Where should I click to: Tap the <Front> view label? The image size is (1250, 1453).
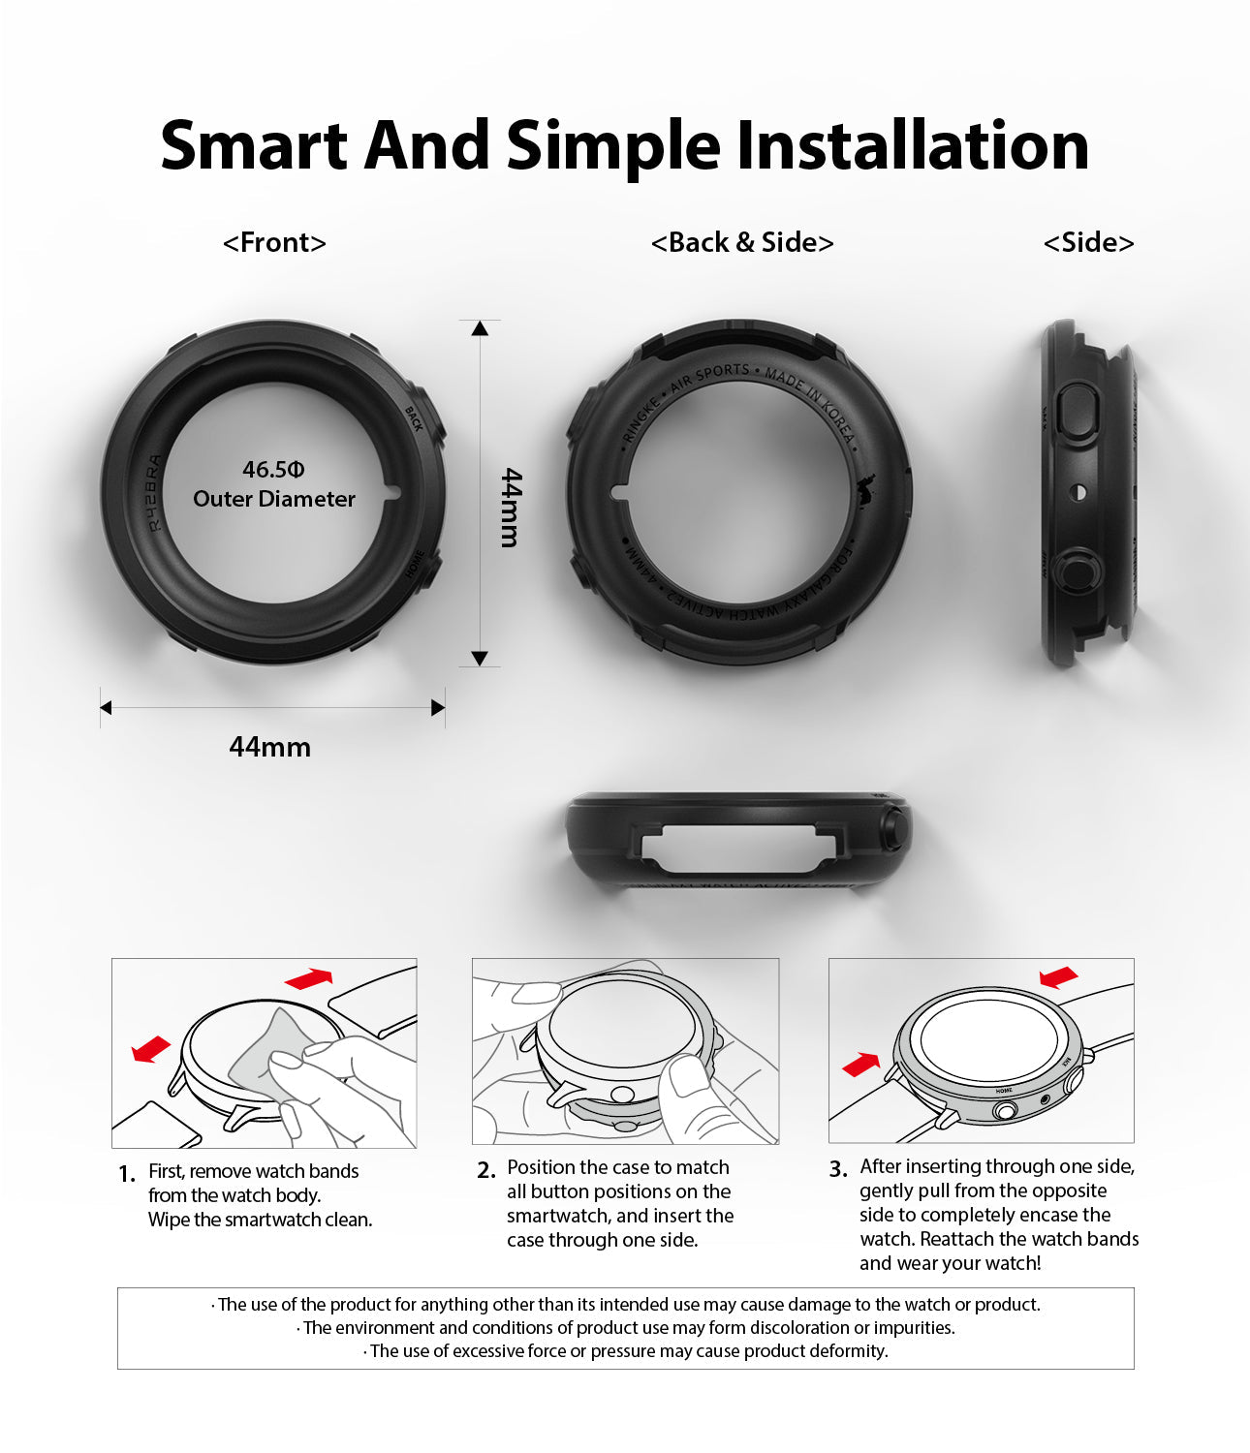pyautogui.click(x=274, y=242)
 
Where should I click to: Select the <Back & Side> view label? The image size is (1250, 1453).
pyautogui.click(x=742, y=242)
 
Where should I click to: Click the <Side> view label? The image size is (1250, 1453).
pyautogui.click(x=1088, y=242)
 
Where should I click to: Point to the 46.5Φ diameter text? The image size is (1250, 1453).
pyautogui.click(x=273, y=470)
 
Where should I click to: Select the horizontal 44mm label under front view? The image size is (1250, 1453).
pyautogui.click(x=269, y=747)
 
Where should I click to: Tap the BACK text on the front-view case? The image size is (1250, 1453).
pyautogui.click(x=414, y=419)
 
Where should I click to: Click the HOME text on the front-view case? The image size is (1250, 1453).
pyautogui.click(x=415, y=565)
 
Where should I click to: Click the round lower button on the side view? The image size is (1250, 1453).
pyautogui.click(x=1073, y=572)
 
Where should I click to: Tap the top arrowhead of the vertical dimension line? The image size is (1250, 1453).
pyautogui.click(x=480, y=328)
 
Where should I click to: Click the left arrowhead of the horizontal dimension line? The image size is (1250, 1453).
pyautogui.click(x=106, y=708)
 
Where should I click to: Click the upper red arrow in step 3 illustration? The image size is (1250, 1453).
pyautogui.click(x=1059, y=976)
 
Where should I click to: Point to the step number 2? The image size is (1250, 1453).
pyautogui.click(x=486, y=1171)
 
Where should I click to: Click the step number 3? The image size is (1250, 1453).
pyautogui.click(x=838, y=1170)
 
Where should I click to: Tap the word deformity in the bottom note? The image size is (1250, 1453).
pyautogui.click(x=854, y=1351)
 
